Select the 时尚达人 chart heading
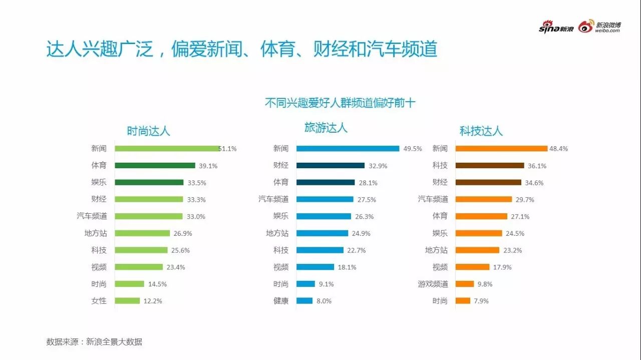[x=148, y=131]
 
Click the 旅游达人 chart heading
[x=326, y=128]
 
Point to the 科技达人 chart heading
[x=481, y=131]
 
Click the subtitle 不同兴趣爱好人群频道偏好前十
[x=340, y=103]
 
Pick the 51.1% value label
[x=228, y=149]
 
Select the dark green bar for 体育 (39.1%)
[x=155, y=166]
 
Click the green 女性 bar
[x=127, y=301]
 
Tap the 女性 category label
[x=99, y=301]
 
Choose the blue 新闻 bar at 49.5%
[x=348, y=149]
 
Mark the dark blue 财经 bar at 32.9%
[x=330, y=166]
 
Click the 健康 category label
[x=281, y=301]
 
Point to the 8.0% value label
[x=324, y=301]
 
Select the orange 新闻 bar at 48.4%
[x=501, y=149]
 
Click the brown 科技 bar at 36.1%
[x=490, y=166]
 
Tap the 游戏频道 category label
[x=433, y=284]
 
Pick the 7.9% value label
[x=480, y=301]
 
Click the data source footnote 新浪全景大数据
[x=94, y=342]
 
